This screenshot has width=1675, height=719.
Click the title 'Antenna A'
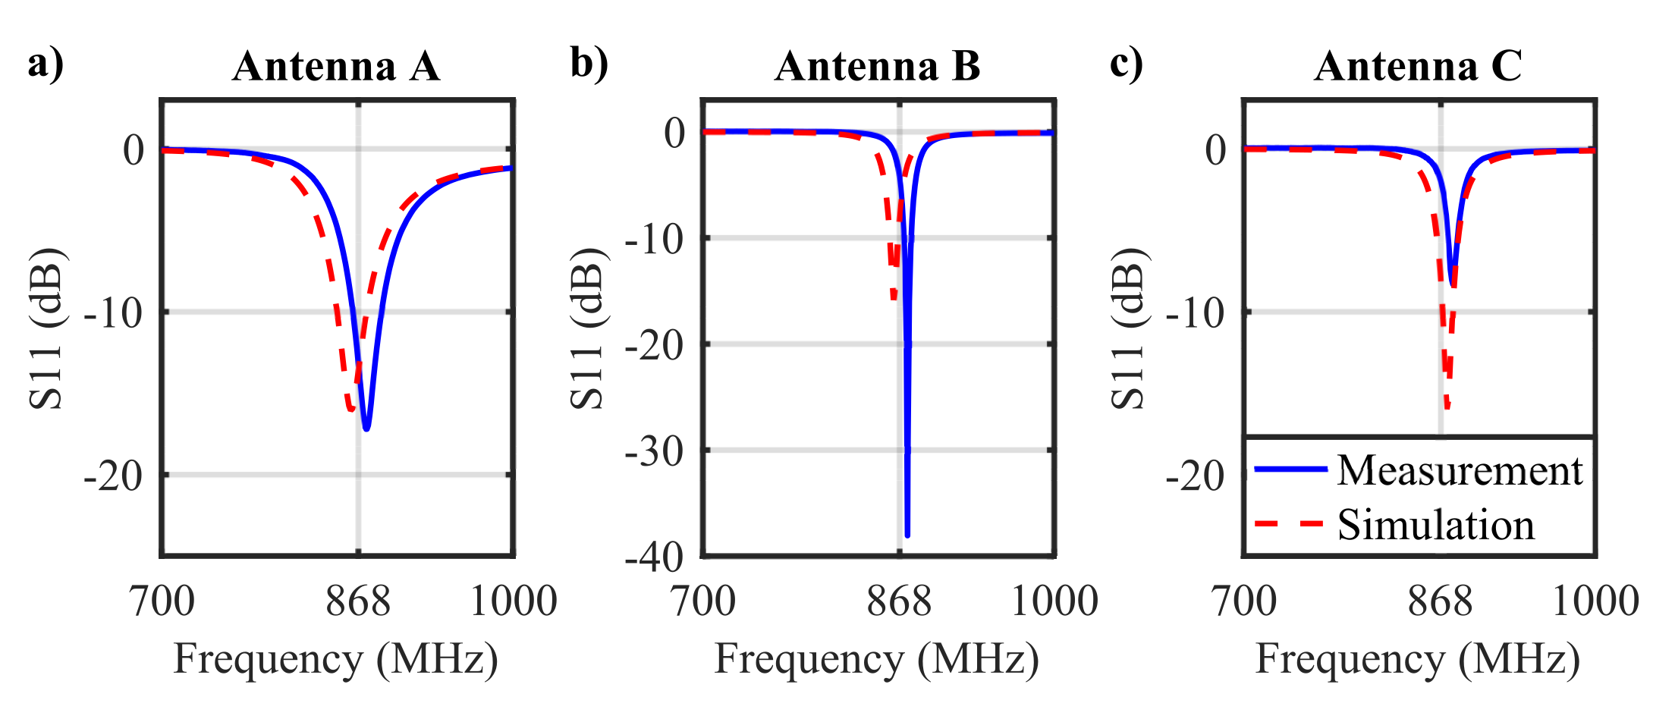pos(336,66)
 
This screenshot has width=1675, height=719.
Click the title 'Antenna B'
pos(878,66)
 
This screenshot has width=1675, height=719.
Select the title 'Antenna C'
pos(1418,66)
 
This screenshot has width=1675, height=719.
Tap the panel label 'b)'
pos(589,62)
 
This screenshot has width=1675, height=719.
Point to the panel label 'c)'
pos(1126,62)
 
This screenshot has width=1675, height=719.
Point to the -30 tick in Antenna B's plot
pos(654,452)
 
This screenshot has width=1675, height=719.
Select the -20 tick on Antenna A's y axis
pos(113,477)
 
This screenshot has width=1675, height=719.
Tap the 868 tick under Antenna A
pos(358,601)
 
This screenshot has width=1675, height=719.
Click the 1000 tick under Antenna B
pos(1054,601)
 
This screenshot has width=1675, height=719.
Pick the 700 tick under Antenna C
pos(1244,601)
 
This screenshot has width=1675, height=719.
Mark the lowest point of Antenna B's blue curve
pos(907,535)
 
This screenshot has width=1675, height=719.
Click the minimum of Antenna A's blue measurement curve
pos(366,429)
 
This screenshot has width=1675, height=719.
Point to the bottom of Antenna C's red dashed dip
pos(1447,408)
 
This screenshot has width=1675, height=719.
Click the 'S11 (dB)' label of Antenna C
pos(1130,328)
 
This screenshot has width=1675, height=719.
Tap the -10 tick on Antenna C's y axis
pos(1195,313)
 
